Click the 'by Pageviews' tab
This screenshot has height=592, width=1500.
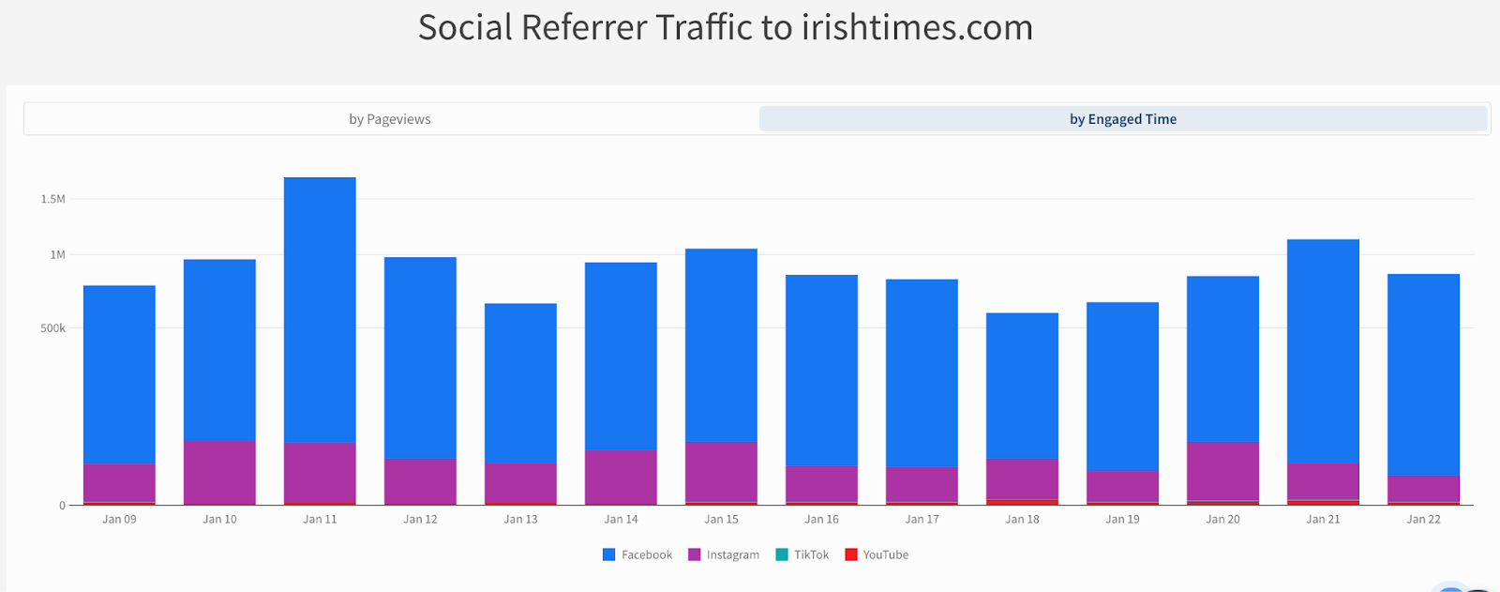pos(390,119)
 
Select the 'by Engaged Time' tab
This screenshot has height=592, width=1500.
pos(1122,119)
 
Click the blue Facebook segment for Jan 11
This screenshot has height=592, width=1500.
pos(320,310)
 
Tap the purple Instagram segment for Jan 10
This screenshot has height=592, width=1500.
pos(219,472)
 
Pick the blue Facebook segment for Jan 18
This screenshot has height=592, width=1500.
pos(1022,386)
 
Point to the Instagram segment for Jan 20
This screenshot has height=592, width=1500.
pos(1222,471)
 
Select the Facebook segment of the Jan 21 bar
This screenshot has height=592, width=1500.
pos(1323,351)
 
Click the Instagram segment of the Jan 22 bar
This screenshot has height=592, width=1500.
pos(1423,489)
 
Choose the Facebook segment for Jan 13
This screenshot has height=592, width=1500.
pos(520,383)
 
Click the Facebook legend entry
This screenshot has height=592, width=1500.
pos(637,554)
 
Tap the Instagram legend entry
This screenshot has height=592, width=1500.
pos(724,554)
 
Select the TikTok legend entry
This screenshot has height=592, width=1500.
pos(802,554)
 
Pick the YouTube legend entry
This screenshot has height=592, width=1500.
pos(877,554)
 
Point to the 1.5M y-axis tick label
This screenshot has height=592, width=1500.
pos(52,199)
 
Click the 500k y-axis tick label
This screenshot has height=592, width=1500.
pos(52,328)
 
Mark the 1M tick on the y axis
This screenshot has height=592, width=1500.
pos(57,254)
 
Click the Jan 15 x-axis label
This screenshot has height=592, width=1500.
pos(721,519)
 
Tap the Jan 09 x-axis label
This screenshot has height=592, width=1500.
pos(119,519)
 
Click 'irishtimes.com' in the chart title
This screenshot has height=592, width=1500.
pos(916,28)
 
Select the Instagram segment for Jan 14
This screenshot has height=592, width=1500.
pos(621,477)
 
